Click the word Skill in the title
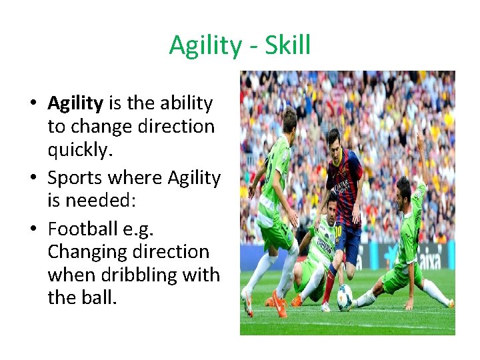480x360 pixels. point(288,45)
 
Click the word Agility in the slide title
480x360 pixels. point(205,45)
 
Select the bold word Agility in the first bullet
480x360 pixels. point(75,103)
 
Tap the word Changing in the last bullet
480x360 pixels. point(91,252)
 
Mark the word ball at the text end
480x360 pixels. point(102,297)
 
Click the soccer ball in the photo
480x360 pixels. point(345,296)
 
